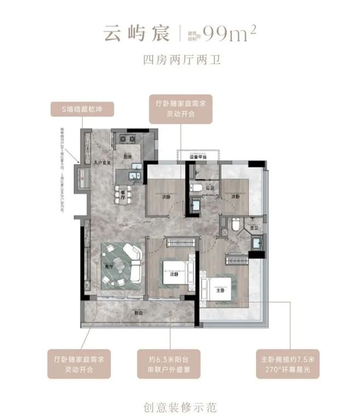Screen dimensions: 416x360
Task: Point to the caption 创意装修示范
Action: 179,406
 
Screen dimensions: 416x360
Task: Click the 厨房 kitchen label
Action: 128,155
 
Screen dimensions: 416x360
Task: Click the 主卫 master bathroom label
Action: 253,228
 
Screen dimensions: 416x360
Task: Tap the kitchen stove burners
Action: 124,137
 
